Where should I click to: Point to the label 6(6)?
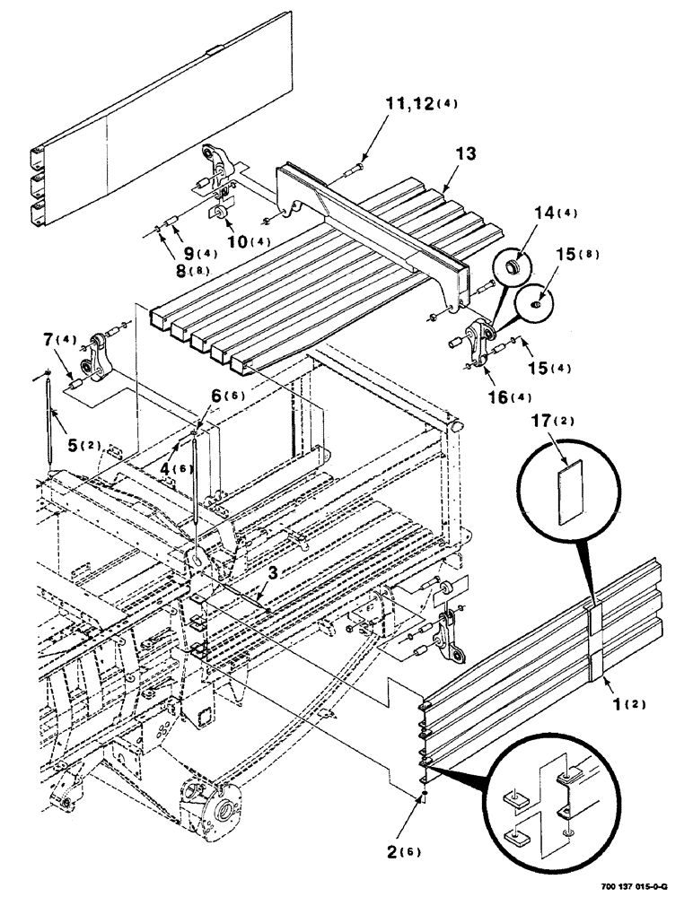(227, 394)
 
